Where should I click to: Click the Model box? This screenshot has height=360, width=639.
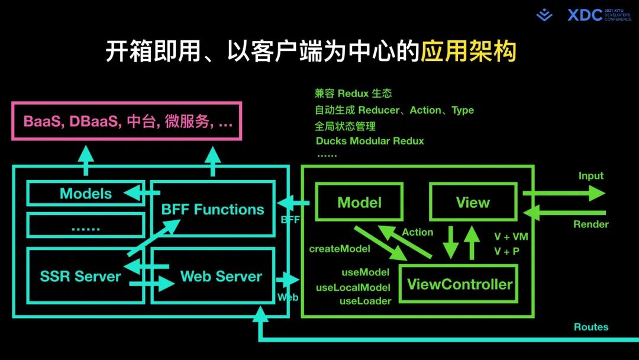[359, 202]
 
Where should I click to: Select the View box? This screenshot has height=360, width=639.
[473, 202]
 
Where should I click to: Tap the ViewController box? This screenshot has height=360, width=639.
[459, 284]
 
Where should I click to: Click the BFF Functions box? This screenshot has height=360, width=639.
[213, 209]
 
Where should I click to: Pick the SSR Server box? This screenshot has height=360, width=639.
[80, 276]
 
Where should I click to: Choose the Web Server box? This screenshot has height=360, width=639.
[221, 276]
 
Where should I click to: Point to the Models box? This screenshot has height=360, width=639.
[86, 194]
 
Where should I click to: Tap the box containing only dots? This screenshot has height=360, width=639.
[86, 226]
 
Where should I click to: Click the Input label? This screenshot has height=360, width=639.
[590, 176]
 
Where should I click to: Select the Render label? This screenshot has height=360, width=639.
[590, 224]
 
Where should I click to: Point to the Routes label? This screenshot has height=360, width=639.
[590, 327]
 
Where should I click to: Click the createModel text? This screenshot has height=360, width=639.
[340, 249]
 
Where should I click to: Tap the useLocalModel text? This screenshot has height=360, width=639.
[353, 288]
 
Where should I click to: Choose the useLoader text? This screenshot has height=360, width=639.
[365, 301]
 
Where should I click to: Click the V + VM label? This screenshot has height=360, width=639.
[511, 237]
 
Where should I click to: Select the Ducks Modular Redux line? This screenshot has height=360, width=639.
[370, 141]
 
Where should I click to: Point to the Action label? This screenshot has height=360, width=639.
[418, 233]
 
